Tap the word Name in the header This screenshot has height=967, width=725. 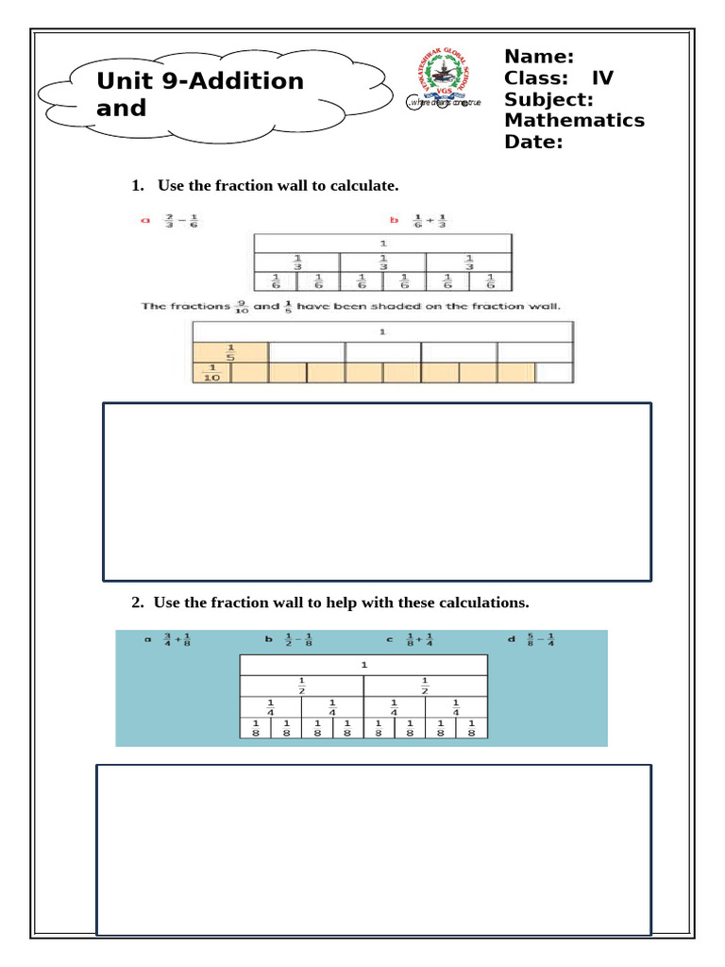click(x=539, y=58)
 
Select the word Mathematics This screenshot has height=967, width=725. click(x=574, y=120)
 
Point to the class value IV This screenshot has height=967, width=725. click(x=602, y=78)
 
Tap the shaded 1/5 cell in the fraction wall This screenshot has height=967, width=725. click(x=230, y=352)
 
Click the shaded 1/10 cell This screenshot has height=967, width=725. click(x=211, y=374)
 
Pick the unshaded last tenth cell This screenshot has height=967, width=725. click(x=554, y=374)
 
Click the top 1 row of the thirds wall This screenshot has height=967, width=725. click(x=382, y=243)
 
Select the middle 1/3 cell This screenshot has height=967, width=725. click(x=382, y=262)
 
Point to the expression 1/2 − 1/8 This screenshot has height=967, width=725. click(x=301, y=639)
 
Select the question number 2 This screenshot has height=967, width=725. click(x=137, y=602)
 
